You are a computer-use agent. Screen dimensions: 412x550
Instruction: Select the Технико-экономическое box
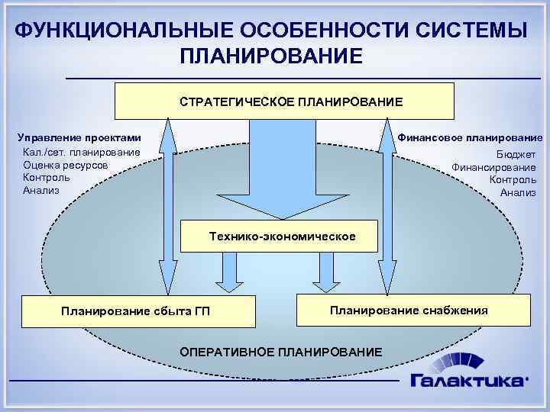[x=282, y=237]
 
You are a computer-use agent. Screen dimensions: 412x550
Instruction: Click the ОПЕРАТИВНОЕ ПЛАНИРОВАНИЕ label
[x=280, y=352]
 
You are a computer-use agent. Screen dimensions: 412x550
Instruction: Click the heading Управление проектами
[x=79, y=137]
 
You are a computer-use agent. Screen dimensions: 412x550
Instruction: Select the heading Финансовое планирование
[x=471, y=137]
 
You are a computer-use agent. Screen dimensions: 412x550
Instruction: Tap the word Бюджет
[x=517, y=153]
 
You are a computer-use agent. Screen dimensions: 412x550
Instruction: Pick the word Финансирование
[x=494, y=167]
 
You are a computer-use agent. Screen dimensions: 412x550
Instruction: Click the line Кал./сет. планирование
[x=81, y=152]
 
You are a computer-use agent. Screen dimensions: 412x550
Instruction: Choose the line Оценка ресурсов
[x=65, y=165]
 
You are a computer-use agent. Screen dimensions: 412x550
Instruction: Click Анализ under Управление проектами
[x=41, y=190]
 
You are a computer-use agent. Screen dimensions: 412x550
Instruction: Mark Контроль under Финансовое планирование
[x=513, y=179]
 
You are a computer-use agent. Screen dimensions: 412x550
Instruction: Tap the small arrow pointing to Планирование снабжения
[x=328, y=272]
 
